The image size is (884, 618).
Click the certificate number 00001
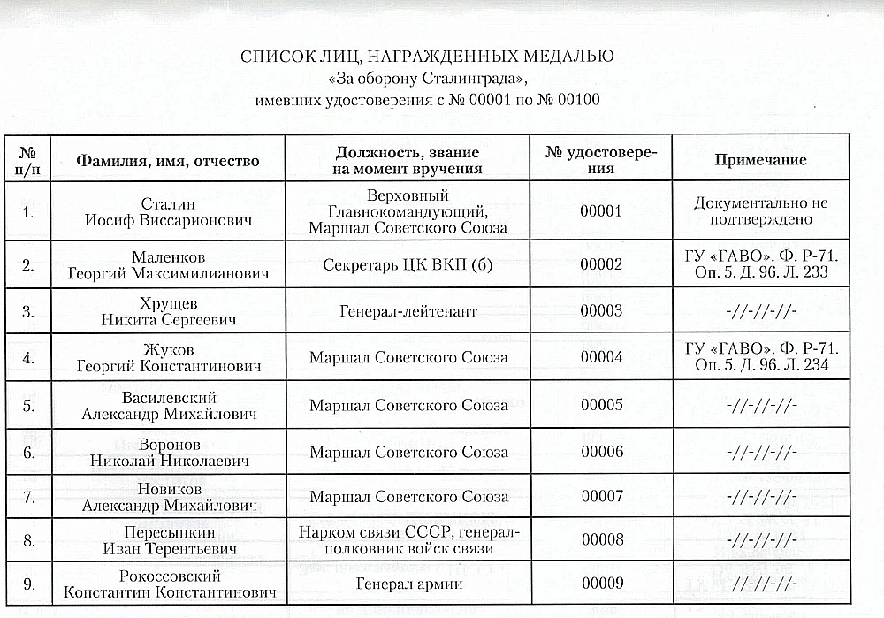pyautogui.click(x=601, y=211)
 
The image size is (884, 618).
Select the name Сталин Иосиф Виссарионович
pyautogui.click(x=168, y=212)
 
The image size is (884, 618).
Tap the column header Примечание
pyautogui.click(x=760, y=160)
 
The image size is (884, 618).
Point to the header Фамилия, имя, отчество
pyautogui.click(x=168, y=161)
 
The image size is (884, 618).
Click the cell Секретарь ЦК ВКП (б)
pyautogui.click(x=408, y=264)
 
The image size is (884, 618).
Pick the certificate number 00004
pyautogui.click(x=601, y=357)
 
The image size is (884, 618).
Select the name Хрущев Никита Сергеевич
pyautogui.click(x=168, y=310)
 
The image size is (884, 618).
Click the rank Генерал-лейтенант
pyautogui.click(x=408, y=311)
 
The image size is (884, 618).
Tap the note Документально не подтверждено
pyautogui.click(x=760, y=211)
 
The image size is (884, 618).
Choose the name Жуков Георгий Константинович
pyautogui.click(x=168, y=357)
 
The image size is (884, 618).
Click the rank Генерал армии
pyautogui.click(x=408, y=584)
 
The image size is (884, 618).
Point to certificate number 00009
pyautogui.click(x=601, y=584)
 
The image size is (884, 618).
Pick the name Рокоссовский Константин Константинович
pyautogui.click(x=168, y=584)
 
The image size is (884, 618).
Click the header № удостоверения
pyautogui.click(x=601, y=160)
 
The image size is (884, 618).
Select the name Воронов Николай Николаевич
pyautogui.click(x=168, y=452)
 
